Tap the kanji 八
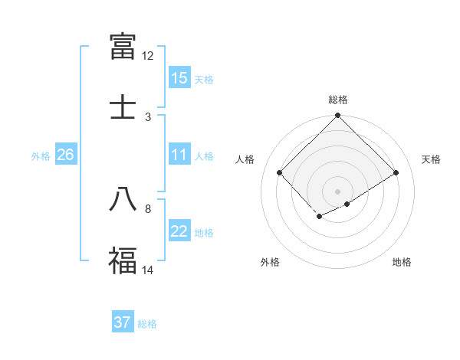point(123,198)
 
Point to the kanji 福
point(123,260)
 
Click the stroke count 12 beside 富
point(148,56)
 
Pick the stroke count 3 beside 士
point(148,117)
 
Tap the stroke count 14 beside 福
point(148,270)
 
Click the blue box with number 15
point(179,78)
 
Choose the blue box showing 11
point(179,155)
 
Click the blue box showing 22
point(179,231)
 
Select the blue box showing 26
point(65,155)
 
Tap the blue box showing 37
point(123,322)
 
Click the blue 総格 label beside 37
point(147,324)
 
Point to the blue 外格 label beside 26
point(41,156)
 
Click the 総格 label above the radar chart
point(338,100)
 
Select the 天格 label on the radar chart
point(431,159)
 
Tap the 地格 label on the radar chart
point(402,262)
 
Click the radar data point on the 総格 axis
point(338,116)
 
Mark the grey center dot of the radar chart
point(338,191)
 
